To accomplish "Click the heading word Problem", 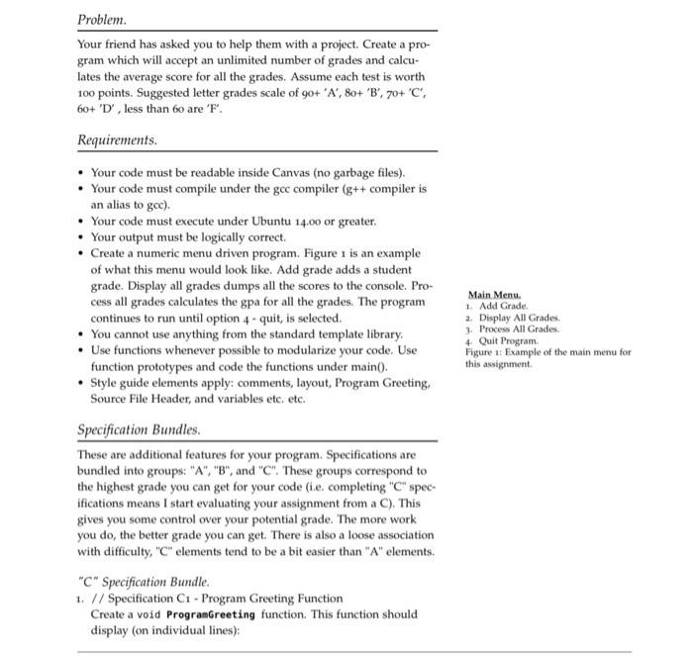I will pos(103,19).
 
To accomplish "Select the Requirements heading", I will pos(117,141).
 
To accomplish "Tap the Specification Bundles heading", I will pos(139,431).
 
